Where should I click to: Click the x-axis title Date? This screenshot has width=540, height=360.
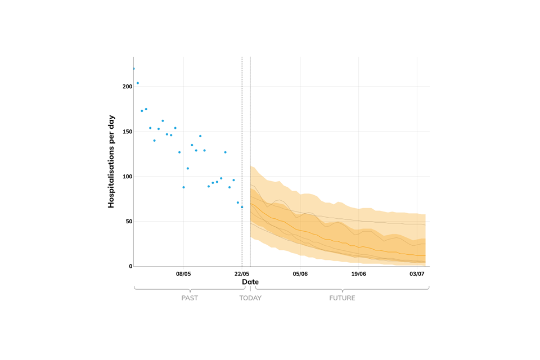(250, 281)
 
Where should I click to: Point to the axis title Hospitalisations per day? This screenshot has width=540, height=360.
(111, 162)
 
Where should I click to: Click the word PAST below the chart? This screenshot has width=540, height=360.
(190, 298)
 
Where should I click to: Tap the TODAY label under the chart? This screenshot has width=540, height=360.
(250, 298)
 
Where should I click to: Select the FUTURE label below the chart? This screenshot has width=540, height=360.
(342, 298)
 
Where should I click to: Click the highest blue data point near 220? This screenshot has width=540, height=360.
(133, 69)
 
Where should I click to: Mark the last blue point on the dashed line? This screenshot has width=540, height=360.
(242, 207)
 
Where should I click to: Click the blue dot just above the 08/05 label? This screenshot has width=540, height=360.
(183, 187)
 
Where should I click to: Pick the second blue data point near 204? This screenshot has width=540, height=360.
(138, 83)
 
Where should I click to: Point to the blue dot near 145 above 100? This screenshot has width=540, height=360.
(200, 136)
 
